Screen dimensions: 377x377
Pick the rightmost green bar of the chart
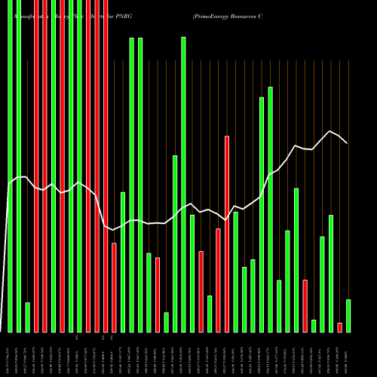[348, 315]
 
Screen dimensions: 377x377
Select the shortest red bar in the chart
[339, 327]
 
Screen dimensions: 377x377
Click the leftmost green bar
[10, 166]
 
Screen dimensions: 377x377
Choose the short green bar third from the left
[27, 317]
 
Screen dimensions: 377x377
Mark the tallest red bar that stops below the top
[227, 234]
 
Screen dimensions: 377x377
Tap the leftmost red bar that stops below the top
[114, 287]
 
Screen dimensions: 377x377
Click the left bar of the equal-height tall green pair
[131, 185]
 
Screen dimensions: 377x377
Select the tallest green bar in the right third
[270, 210]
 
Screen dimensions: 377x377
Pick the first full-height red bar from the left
[36, 166]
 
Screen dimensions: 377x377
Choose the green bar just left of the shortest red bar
[331, 273]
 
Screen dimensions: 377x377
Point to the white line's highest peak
[329, 130]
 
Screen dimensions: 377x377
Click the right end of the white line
[347, 143]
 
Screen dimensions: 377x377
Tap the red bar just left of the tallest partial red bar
[218, 280]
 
